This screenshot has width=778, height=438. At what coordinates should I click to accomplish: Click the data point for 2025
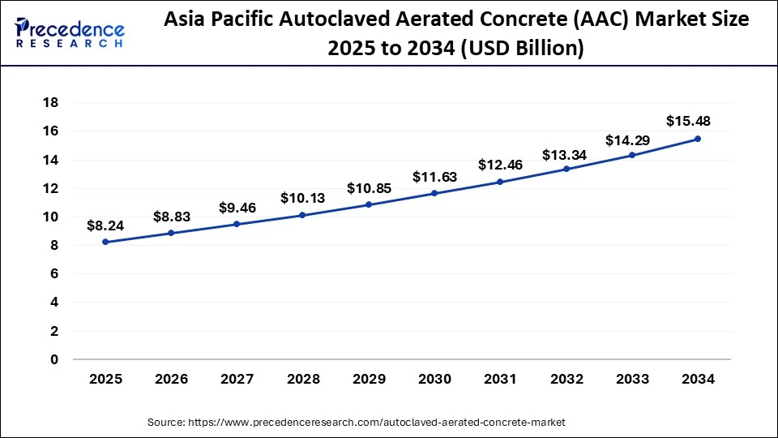(105, 242)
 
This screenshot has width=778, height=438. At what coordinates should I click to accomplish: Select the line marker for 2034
(698, 139)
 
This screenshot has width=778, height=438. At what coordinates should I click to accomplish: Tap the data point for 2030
(434, 193)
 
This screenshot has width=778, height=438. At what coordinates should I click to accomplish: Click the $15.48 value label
(687, 121)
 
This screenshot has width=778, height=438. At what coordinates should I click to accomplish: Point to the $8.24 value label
(105, 225)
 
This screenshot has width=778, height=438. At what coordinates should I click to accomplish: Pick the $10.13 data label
(302, 198)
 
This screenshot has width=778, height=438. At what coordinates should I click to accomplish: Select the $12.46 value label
(500, 165)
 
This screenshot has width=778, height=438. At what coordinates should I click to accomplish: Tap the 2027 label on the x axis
(237, 379)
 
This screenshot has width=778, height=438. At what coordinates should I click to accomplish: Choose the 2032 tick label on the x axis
(566, 379)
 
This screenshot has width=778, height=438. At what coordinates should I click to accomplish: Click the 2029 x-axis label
(369, 379)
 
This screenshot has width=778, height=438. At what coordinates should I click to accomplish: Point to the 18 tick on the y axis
(50, 102)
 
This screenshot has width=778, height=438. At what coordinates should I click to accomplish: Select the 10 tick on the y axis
(50, 217)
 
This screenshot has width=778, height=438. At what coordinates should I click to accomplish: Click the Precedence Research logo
(70, 33)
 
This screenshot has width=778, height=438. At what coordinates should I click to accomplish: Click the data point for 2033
(632, 155)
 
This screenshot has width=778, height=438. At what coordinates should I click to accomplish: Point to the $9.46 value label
(237, 208)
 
